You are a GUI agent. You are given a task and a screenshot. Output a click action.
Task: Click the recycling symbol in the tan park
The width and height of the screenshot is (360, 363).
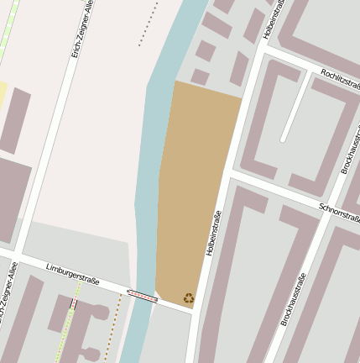pyautogui.click(x=189, y=297)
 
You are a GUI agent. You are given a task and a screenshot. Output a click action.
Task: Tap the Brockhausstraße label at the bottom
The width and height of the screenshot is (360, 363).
pyautogui.click(x=293, y=299)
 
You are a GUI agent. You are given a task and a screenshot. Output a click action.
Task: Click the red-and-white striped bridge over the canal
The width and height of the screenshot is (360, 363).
pyautogui.click(x=142, y=295)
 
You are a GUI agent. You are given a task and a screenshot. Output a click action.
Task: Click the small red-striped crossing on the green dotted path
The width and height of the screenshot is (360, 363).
pyautogui.click(x=73, y=304)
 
